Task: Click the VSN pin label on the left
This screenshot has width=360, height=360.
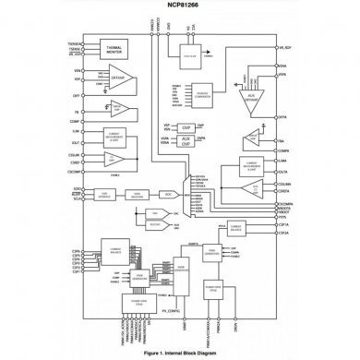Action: pos(76,71)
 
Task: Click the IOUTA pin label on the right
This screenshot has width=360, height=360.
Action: pos(284,172)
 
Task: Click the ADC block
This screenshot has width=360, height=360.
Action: pos(167,195)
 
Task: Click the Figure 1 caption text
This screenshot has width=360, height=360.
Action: pos(179,354)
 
